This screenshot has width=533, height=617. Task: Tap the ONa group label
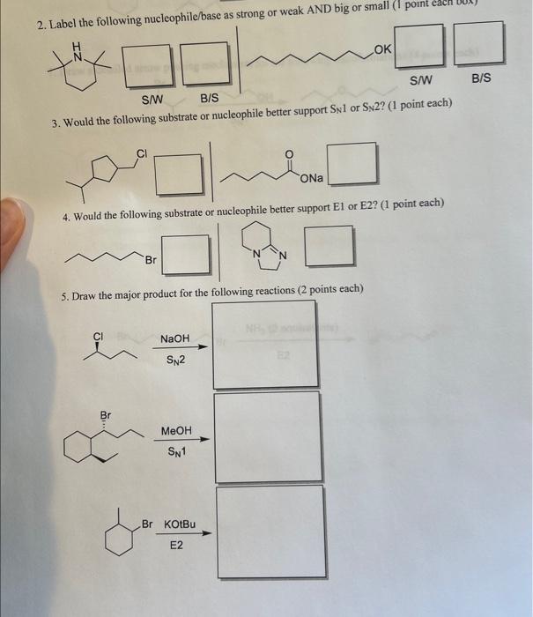(313, 179)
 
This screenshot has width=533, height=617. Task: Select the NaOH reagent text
(174, 339)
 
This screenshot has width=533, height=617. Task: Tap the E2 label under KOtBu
(177, 546)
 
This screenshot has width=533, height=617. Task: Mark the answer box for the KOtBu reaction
(269, 532)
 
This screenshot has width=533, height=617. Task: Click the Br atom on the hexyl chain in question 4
(151, 261)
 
